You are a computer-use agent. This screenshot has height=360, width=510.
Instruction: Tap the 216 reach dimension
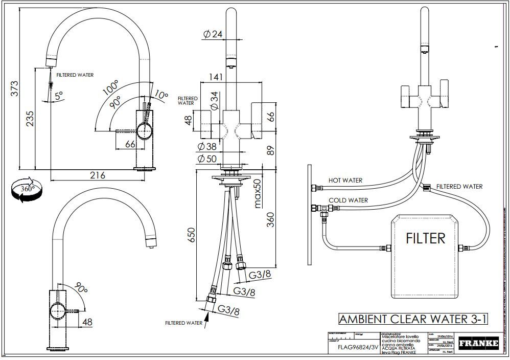tap(97, 175)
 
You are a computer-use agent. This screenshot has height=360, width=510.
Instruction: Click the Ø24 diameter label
tap(212, 34)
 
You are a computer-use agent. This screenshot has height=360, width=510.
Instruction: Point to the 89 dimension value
tap(270, 149)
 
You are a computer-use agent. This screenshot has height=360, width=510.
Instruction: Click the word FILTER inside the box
tap(425, 238)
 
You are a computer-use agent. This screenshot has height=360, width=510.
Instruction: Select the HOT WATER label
tap(345, 181)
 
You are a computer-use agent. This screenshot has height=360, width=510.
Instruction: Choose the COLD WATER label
tap(347, 200)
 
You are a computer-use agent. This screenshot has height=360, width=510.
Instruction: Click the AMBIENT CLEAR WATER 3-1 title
tap(413, 319)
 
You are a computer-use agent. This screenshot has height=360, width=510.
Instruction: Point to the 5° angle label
tap(59, 96)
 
